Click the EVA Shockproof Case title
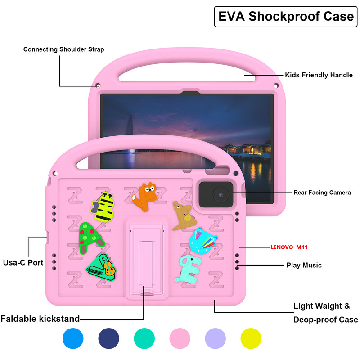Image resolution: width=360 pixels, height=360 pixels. (286, 16)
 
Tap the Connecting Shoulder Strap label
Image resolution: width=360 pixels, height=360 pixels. (63, 49)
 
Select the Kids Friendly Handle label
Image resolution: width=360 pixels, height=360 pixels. (319, 75)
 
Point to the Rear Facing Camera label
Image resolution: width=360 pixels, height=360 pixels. (322, 193)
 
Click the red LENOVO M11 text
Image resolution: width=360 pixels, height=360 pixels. (295, 247)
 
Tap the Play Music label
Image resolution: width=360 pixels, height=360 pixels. (304, 265)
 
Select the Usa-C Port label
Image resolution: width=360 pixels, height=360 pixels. (23, 262)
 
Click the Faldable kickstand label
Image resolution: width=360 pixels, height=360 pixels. (40, 319)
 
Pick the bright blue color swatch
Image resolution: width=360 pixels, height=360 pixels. (73, 338)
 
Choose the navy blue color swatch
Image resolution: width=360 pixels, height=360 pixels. (108, 338)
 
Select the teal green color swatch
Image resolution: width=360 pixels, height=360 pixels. (144, 338)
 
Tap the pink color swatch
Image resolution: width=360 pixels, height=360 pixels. (180, 338)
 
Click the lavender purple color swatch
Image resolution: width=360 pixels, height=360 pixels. (216, 338)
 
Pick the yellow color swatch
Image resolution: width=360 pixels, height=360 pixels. (251, 338)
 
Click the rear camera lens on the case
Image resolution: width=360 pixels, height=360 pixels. (220, 194)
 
